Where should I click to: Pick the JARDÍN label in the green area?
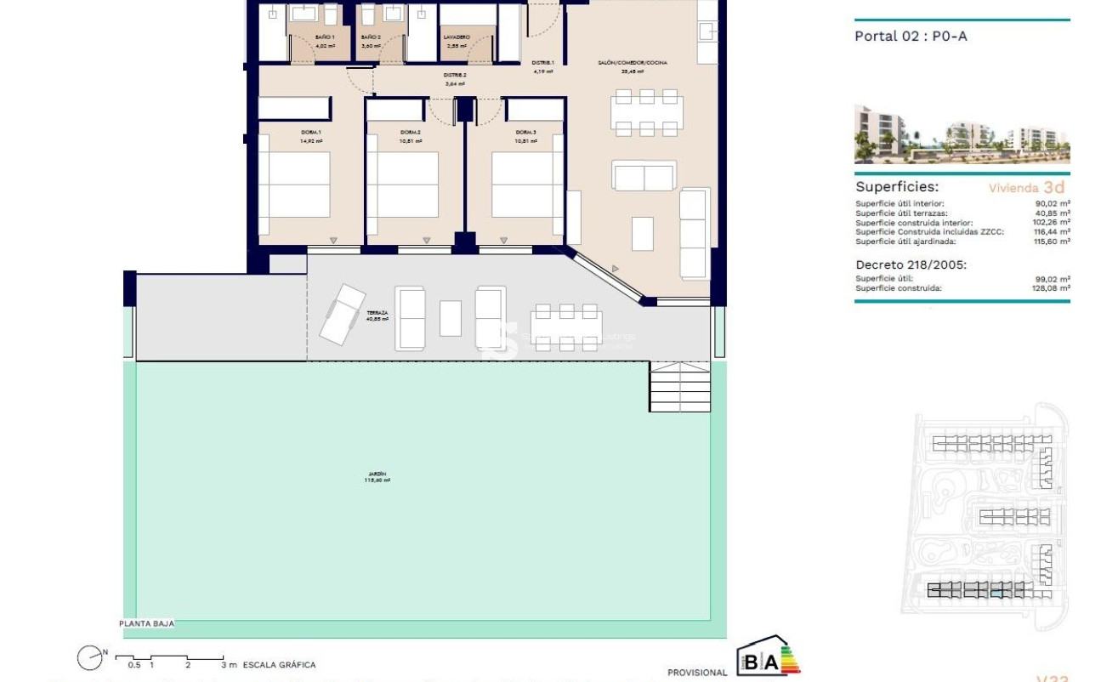coord(377,474)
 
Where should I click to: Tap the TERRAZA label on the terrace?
coord(377,312)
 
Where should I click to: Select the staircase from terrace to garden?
coord(680,387)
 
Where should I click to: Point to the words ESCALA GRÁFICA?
coord(279,665)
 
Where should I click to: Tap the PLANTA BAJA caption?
coord(147,623)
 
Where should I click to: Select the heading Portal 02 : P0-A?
coord(911,36)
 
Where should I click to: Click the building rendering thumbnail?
coord(962,134)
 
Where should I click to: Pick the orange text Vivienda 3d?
coord(1026,188)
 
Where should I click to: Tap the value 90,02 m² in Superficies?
coord(1052,204)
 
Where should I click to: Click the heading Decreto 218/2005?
coord(911,264)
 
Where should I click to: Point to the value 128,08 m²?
coord(1052,288)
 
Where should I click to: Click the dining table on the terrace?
coord(566,327)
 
